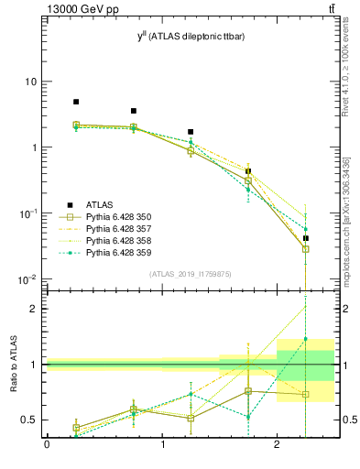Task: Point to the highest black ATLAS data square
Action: pyautogui.click(x=76, y=102)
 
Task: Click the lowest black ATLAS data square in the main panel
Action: pyautogui.click(x=306, y=238)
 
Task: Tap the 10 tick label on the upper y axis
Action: pyautogui.click(x=30, y=82)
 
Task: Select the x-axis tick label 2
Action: pyautogui.click(x=277, y=445)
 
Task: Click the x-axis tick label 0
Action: pyautogui.click(x=47, y=445)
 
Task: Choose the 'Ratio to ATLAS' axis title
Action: pyautogui.click(x=13, y=365)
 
